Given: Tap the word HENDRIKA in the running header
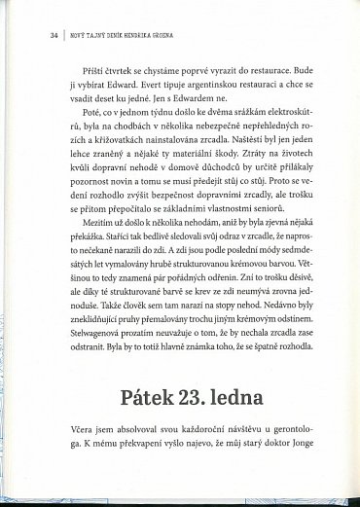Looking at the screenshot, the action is [x=134, y=35].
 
